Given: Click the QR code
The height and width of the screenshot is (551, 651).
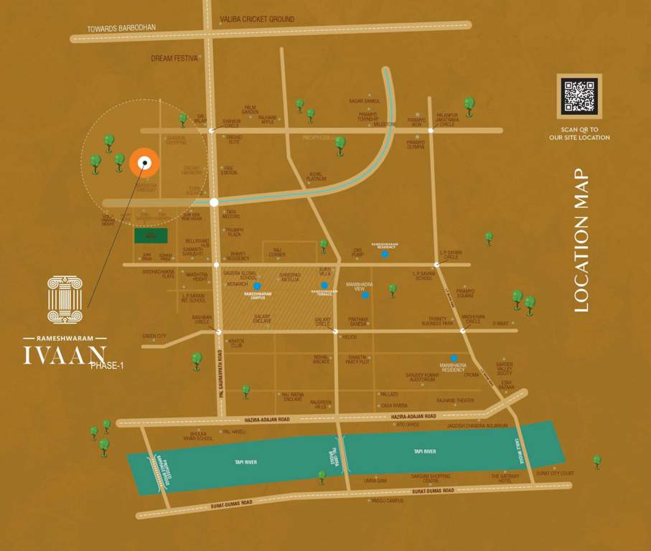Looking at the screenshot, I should click(x=579, y=96).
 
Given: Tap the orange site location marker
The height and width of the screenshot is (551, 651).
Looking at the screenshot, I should click(x=144, y=163).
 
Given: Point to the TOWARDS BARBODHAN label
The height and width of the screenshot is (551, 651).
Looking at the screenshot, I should click(x=121, y=28).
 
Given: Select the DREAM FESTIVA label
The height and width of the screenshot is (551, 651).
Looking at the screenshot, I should click(x=174, y=58).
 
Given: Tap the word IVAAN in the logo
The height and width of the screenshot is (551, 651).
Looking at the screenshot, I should click(x=64, y=355).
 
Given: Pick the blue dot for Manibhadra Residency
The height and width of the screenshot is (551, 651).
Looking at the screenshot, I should click(x=454, y=358).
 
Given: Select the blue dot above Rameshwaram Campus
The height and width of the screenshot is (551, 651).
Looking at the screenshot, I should click(x=257, y=286).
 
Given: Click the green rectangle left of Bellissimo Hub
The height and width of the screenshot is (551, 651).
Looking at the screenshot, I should click(x=151, y=236).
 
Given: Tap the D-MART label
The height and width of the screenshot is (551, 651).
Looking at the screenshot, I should click(x=500, y=323).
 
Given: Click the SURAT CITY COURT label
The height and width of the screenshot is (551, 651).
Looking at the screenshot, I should click(x=555, y=474).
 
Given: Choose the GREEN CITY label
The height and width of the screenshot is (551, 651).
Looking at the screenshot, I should click(x=154, y=336).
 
